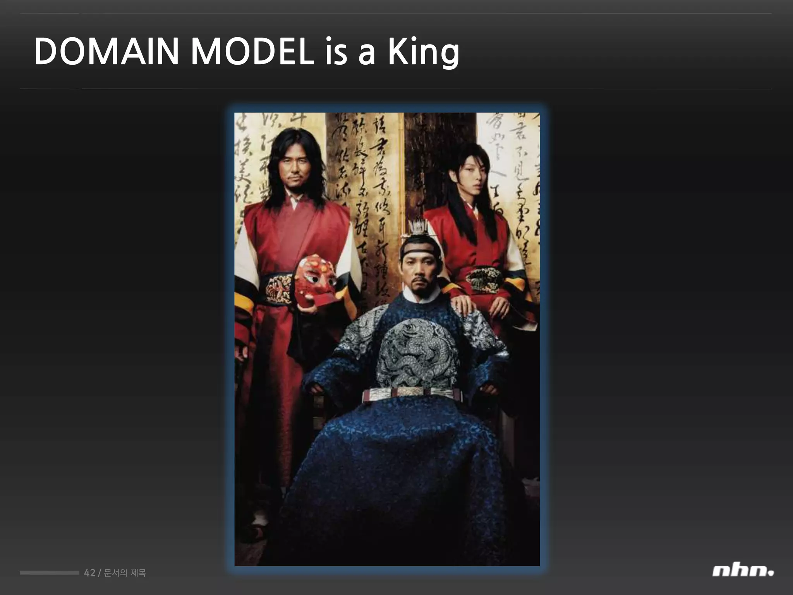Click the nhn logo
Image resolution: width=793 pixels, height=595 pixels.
[x=743, y=572]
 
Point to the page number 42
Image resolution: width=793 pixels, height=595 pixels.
[x=89, y=573]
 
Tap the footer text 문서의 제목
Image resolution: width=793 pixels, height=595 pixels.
[x=125, y=573]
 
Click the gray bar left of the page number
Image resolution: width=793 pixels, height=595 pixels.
[x=49, y=573]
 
